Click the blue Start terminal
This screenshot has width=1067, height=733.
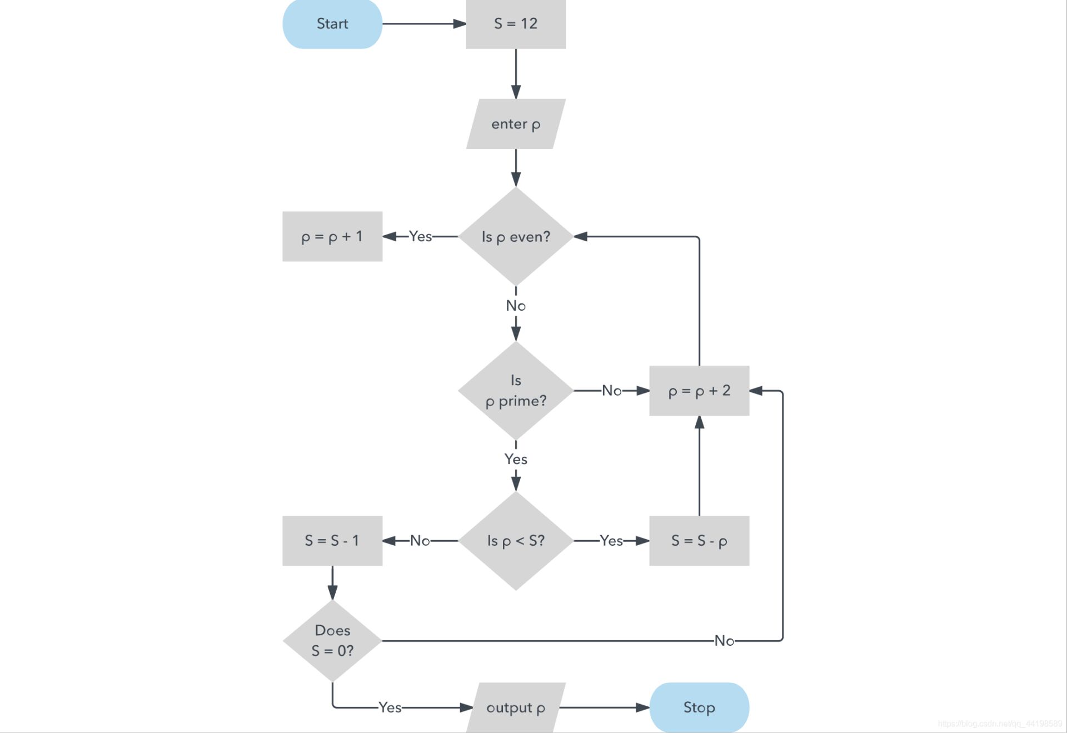[x=332, y=24]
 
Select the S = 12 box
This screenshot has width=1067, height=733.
[x=516, y=24]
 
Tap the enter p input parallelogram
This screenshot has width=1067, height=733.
[x=516, y=124]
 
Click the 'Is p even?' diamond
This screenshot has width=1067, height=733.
[x=516, y=237]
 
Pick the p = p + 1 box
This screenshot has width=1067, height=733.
[x=332, y=237]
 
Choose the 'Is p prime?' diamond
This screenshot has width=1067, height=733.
[x=516, y=391]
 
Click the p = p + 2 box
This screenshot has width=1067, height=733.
[x=699, y=391]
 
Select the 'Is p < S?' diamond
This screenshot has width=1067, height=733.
[x=516, y=541]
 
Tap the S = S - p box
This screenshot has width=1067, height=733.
[x=699, y=541]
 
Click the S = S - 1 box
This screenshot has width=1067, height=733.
[x=332, y=541]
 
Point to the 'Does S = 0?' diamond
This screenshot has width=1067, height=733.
[x=332, y=641]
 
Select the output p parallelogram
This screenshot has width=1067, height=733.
[x=516, y=707]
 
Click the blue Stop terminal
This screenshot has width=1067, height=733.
[x=699, y=707]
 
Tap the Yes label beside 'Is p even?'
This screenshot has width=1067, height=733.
[x=420, y=237]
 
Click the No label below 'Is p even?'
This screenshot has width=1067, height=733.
[x=516, y=306]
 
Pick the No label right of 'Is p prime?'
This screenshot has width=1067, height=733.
[x=611, y=391]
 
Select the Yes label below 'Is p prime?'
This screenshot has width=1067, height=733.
[x=516, y=459]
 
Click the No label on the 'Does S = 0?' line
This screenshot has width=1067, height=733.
[x=724, y=641]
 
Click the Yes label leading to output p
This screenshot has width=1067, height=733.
[x=390, y=707]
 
